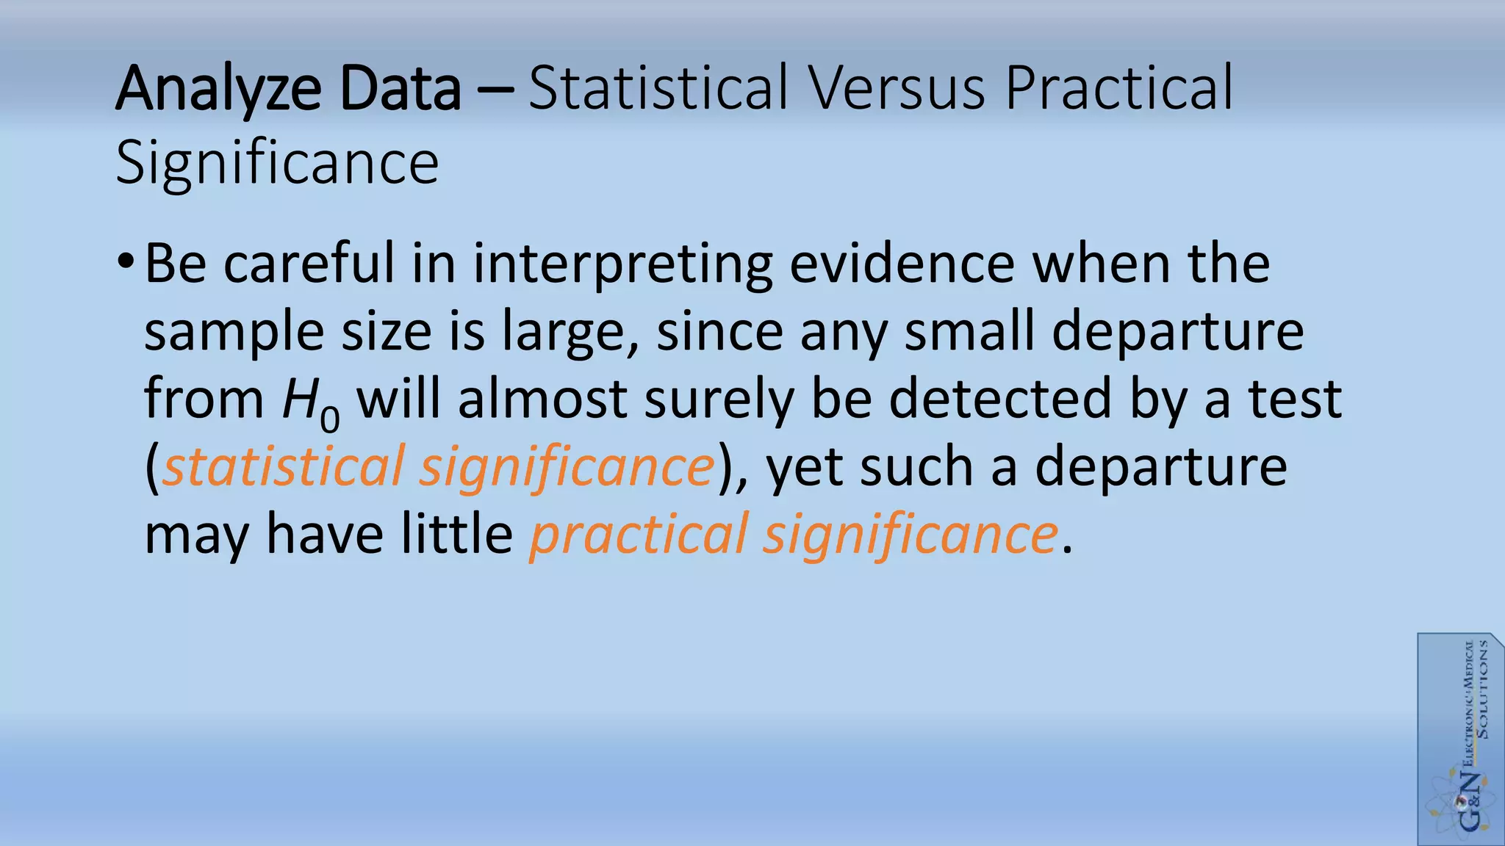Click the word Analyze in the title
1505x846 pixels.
click(218, 90)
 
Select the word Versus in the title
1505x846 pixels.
click(897, 90)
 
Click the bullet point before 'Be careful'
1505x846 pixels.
click(125, 262)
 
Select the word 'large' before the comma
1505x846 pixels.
click(562, 332)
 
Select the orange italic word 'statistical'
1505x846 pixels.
click(283, 466)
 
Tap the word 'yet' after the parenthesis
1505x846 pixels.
click(804, 468)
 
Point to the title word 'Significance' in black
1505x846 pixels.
click(277, 163)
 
